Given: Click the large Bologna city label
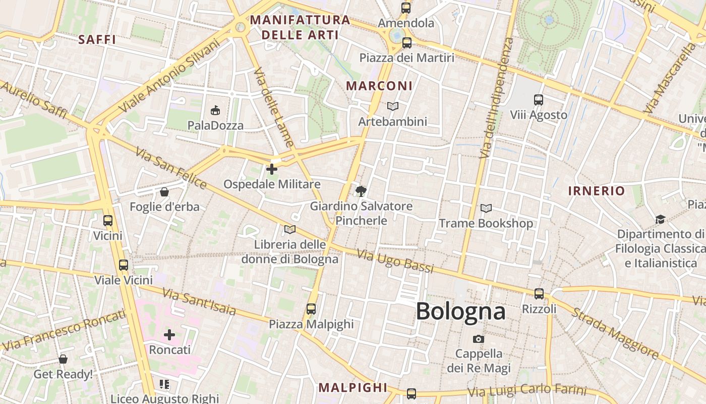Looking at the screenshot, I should tap(460, 311).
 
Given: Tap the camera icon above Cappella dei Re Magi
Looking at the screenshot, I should tap(479, 339).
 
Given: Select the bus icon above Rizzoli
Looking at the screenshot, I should tap(539, 293).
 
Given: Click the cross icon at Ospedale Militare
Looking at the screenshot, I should tap(272, 169).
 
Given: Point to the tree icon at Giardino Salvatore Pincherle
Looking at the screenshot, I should tap(361, 191).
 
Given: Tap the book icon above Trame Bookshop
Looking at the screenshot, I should tap(486, 208).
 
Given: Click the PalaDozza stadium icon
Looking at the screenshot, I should tap(215, 110).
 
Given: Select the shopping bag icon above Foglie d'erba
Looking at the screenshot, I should tap(164, 192).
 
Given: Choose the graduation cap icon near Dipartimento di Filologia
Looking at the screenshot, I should tap(660, 219).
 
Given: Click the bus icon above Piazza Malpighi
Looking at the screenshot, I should tap(311, 309).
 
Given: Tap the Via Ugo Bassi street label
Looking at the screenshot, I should tap(395, 261).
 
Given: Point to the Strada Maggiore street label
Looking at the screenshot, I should tap(615, 333).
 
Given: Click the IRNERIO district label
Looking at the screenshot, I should tap(597, 191).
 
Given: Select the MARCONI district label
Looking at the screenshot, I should tap(379, 86).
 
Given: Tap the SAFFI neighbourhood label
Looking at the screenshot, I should tap(97, 39).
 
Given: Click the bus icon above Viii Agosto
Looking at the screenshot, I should tap(539, 100).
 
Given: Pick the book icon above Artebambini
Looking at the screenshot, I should tap(392, 106).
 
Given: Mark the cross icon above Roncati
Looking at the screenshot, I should tap(169, 334).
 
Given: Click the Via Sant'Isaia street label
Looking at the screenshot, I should tap(199, 301).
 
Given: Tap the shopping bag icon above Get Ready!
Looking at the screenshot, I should tap(63, 359).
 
